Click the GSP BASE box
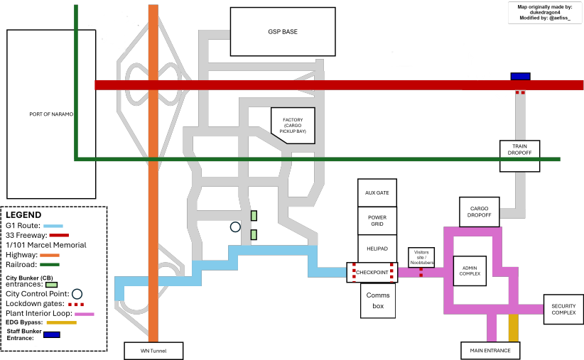point(283,32)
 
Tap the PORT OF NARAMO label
point(51,114)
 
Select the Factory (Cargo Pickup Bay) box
point(293,126)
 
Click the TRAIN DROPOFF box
point(519,156)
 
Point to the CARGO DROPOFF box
point(480,212)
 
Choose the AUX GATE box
point(377,193)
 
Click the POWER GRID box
point(377,221)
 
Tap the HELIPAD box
point(377,249)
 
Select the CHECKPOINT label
point(372,273)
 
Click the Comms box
point(378,300)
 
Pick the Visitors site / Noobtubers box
point(421,257)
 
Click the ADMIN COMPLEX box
point(470,271)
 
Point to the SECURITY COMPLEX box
point(563,310)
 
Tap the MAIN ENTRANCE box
point(490,351)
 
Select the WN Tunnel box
point(153,351)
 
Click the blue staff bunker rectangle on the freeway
point(520,76)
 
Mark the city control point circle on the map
point(235,227)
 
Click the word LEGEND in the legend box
point(23,215)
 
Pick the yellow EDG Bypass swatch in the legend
point(61,323)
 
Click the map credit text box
point(545,12)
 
